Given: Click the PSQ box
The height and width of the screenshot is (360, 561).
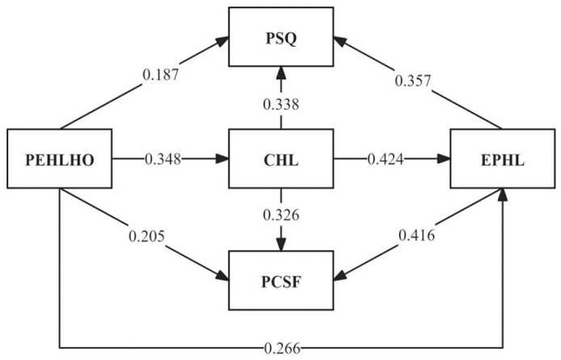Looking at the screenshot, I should point(280,36).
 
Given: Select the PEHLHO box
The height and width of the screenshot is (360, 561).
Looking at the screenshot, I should point(60,159).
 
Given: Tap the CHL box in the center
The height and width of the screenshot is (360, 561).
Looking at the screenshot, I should point(280,159).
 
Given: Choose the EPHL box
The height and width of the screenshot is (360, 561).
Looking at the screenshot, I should point(501,159).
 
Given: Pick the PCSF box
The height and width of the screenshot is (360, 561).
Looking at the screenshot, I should point(280,280).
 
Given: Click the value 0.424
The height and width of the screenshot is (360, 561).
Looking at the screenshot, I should point(387,159).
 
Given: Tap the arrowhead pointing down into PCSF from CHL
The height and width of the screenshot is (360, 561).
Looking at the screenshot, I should point(280,245).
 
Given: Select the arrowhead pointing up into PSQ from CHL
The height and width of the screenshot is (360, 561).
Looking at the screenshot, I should point(280,73).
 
